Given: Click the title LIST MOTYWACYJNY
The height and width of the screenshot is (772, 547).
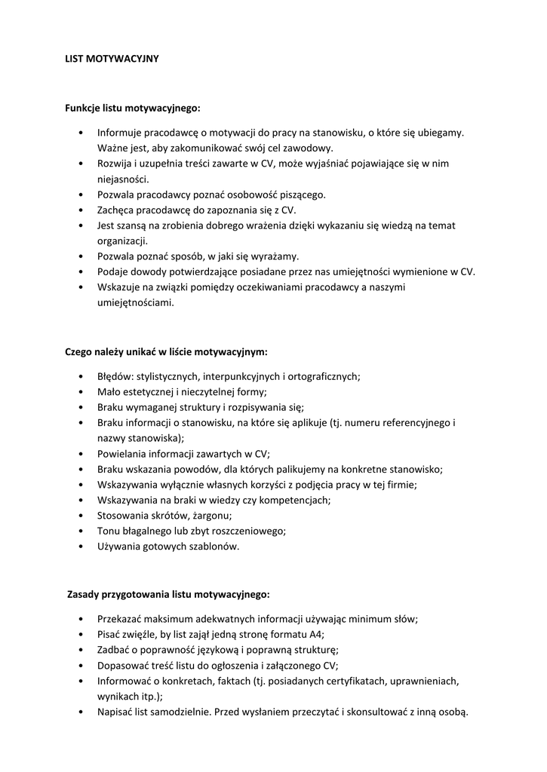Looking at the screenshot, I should (112, 58).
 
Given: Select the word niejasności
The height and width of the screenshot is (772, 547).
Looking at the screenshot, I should (123, 179).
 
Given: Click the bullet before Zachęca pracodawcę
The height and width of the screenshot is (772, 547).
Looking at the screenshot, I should (81, 210).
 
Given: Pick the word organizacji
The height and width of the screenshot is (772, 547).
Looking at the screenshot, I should (122, 240).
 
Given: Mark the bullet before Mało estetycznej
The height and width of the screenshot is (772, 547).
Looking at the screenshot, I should (81, 391).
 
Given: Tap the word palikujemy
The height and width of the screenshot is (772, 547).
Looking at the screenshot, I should (285, 469).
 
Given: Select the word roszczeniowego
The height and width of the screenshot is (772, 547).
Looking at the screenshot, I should (244, 531).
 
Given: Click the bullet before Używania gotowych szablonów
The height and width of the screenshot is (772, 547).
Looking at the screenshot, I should (81, 547).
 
